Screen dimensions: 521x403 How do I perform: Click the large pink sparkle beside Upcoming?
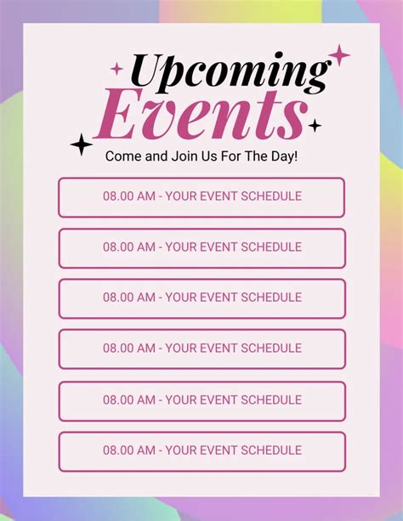pyautogui.click(x=339, y=56)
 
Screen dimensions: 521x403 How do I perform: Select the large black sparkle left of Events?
pyautogui.click(x=82, y=145)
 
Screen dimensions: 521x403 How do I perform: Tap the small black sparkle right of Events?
pyautogui.click(x=315, y=126)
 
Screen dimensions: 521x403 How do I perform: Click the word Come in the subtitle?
pyautogui.click(x=123, y=157)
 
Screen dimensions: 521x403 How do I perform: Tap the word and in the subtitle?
pyautogui.click(x=156, y=157)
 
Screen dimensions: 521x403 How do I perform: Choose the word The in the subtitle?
pyautogui.click(x=256, y=157)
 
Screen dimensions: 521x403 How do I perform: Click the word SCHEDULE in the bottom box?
pyautogui.click(x=272, y=450)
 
